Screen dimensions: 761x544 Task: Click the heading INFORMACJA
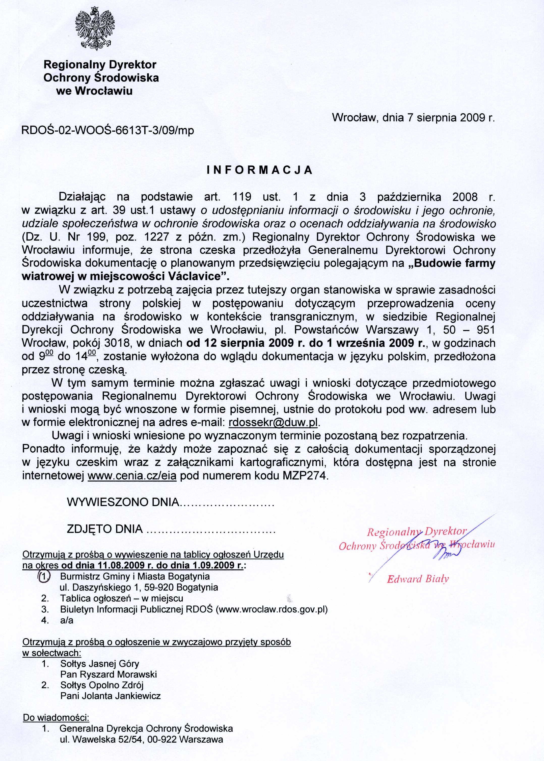pyautogui.click(x=260, y=170)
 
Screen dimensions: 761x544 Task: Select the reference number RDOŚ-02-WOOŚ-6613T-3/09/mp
pyautogui.click(x=107, y=130)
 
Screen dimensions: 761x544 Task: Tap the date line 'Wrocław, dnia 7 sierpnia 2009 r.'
pyautogui.click(x=413, y=118)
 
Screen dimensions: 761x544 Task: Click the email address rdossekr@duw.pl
pyautogui.click(x=273, y=423)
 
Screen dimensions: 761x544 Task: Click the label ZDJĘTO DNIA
pyautogui.click(x=105, y=529)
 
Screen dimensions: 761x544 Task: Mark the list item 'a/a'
pyautogui.click(x=67, y=620)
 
